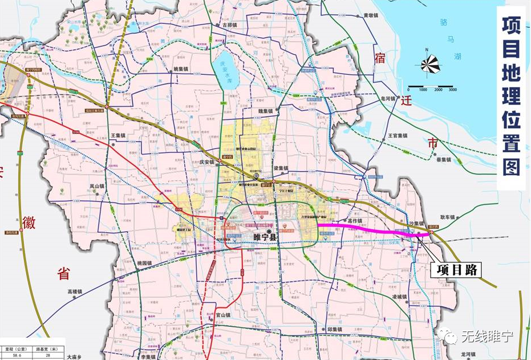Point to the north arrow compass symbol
point(431,64)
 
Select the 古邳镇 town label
point(229,26)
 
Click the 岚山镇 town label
point(97,186)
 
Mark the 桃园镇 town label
point(145,262)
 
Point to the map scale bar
point(430,90)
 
